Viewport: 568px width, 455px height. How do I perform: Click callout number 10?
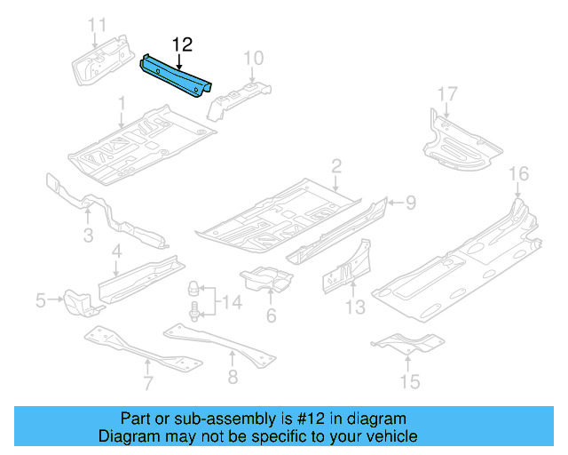(253, 59)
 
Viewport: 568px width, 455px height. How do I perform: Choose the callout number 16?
(518, 172)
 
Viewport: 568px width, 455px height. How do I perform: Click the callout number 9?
(410, 203)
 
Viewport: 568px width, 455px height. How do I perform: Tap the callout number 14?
(231, 304)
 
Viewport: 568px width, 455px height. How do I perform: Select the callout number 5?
(41, 301)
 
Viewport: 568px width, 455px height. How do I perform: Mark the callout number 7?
(148, 383)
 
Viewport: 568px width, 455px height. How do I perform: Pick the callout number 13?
(355, 307)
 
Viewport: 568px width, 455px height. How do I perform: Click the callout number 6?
(271, 315)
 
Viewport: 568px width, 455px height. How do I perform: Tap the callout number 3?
(89, 235)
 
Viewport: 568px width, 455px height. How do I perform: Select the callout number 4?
(116, 255)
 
